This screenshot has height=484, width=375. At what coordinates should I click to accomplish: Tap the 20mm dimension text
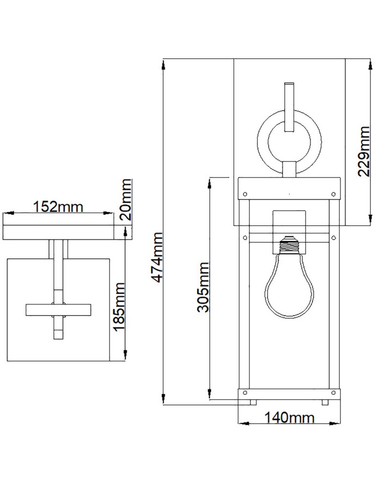click(125, 199)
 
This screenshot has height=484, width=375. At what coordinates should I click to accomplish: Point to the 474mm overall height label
click(157, 258)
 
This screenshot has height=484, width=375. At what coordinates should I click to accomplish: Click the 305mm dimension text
click(203, 287)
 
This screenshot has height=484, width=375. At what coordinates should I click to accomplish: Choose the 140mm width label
click(289, 418)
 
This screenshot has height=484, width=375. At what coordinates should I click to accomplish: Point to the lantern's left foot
click(252, 402)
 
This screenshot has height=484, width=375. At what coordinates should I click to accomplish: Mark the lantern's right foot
click(325, 402)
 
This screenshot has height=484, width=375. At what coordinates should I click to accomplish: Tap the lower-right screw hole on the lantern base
click(333, 392)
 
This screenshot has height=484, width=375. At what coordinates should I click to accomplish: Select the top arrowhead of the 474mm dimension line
click(165, 63)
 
